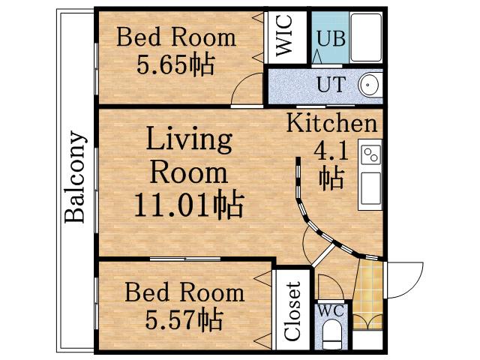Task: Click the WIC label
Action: pos(283,36)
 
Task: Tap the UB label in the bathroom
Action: pos(331,38)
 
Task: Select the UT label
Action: pos(331,85)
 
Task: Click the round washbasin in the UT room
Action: pos(369,84)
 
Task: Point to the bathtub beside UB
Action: pos(366,37)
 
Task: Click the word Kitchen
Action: pos(331,123)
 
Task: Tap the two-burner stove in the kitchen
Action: pos(370,154)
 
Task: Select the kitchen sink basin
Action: pos(370,188)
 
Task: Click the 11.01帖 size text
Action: pos(189,204)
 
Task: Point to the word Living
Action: pos(189,139)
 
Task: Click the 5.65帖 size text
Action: pos(175,65)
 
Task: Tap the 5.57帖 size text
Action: pos(184,319)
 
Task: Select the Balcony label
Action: pos(74,177)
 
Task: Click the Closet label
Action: pos(292,311)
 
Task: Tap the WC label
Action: pos(331,311)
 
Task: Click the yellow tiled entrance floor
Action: pos(368,295)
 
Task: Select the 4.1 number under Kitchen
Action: pos(331,152)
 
